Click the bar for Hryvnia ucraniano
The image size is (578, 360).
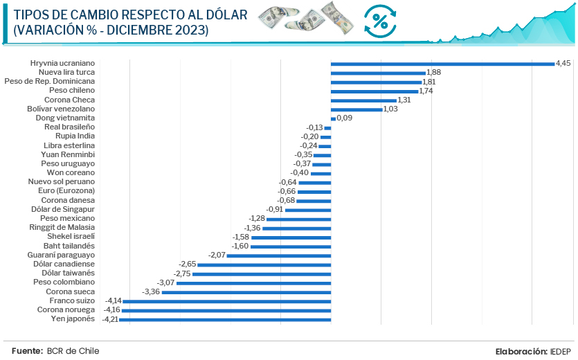point(443,64)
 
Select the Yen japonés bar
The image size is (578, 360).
point(226,319)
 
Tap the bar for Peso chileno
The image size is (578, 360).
point(374,91)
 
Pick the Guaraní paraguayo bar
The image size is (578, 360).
point(279,255)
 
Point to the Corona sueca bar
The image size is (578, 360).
point(246,292)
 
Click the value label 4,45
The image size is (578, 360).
point(564,63)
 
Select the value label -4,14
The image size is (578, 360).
point(113,301)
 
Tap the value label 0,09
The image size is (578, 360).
point(345,118)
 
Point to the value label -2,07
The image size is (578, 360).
point(217,255)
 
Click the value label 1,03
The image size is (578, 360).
point(392,109)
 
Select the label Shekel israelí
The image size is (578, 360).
point(71,237)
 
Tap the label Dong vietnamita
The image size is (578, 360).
point(64,118)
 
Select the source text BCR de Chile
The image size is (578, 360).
point(73,351)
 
